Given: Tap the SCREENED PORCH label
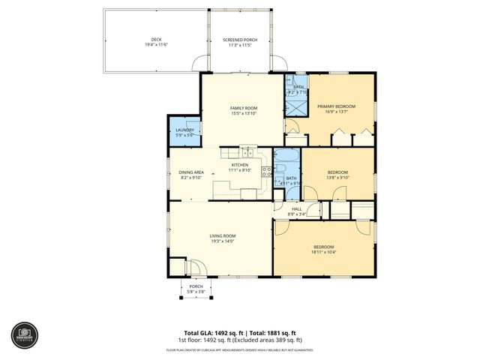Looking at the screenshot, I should coord(241,39).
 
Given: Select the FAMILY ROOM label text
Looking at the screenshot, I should coord(243,109).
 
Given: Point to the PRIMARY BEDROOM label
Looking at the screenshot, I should coord(335,106).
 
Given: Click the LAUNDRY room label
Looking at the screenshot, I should coord(184,130).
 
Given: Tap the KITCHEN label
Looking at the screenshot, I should coord(239,165).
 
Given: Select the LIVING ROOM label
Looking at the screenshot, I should coord(222,236).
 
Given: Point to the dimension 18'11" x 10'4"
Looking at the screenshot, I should coord(324,252).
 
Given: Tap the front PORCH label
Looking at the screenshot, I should coord(196,286).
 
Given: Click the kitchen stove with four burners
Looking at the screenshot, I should coord(266,171).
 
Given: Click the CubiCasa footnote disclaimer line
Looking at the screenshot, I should coord(240,349).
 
